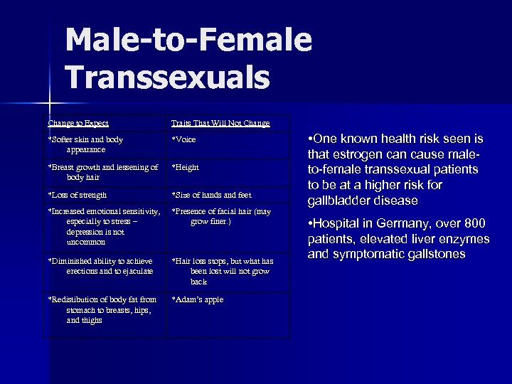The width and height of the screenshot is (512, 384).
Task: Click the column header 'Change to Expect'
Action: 78,123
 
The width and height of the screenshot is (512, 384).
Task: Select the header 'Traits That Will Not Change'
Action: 220,123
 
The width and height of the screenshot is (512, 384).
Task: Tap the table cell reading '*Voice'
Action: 183,139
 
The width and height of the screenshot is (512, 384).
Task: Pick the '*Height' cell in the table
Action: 185,167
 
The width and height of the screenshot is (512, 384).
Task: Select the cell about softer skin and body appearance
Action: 85,144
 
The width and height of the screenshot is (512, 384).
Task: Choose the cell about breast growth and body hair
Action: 102,172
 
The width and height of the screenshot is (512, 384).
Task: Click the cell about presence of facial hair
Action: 221,216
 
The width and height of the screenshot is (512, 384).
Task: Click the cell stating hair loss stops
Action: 222,271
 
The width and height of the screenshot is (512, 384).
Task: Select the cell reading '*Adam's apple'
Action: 197,299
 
